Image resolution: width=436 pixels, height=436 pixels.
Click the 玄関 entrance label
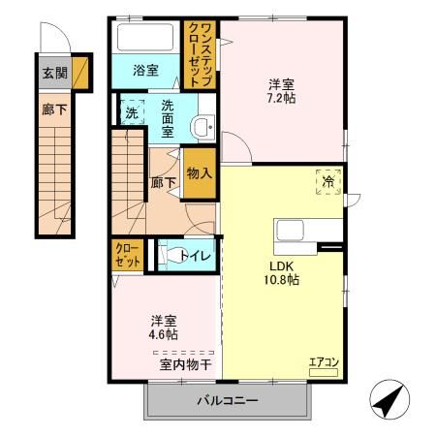coord(55,73)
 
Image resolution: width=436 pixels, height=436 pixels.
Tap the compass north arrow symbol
coord(389,399)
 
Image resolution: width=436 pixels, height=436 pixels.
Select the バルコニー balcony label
coord(228,401)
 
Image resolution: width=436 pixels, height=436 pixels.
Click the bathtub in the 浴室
coord(145,37)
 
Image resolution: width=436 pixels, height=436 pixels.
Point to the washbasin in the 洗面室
coord(202,128)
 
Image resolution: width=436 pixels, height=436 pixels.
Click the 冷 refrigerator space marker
coord(328,182)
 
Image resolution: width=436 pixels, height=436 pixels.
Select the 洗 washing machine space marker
coord(132,112)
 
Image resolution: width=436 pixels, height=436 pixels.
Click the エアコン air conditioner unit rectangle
coord(324,373)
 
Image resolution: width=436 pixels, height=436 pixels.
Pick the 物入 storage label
coord(200,173)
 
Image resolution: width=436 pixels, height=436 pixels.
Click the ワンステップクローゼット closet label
coord(201,54)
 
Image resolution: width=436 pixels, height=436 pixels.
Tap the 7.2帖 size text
coord(281,98)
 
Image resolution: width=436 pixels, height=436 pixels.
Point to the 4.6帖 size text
coord(163,334)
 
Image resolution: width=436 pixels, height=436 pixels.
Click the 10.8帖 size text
coord(282,280)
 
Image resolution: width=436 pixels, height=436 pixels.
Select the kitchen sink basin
coord(290,231)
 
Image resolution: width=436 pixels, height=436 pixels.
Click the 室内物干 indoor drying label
coord(186,365)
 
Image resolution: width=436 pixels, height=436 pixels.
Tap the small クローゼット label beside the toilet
coord(128,255)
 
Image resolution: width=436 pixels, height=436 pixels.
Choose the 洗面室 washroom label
coord(168,119)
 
